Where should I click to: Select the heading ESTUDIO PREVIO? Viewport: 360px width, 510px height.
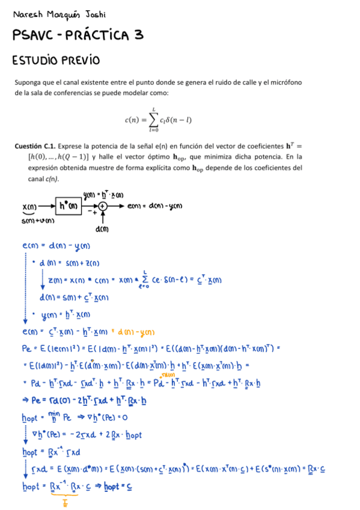pyautogui.click(x=56, y=61)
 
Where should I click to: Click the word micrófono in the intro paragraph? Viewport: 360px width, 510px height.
pyautogui.click(x=286, y=82)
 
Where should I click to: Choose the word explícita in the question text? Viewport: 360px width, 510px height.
pyautogui.click(x=131, y=168)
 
